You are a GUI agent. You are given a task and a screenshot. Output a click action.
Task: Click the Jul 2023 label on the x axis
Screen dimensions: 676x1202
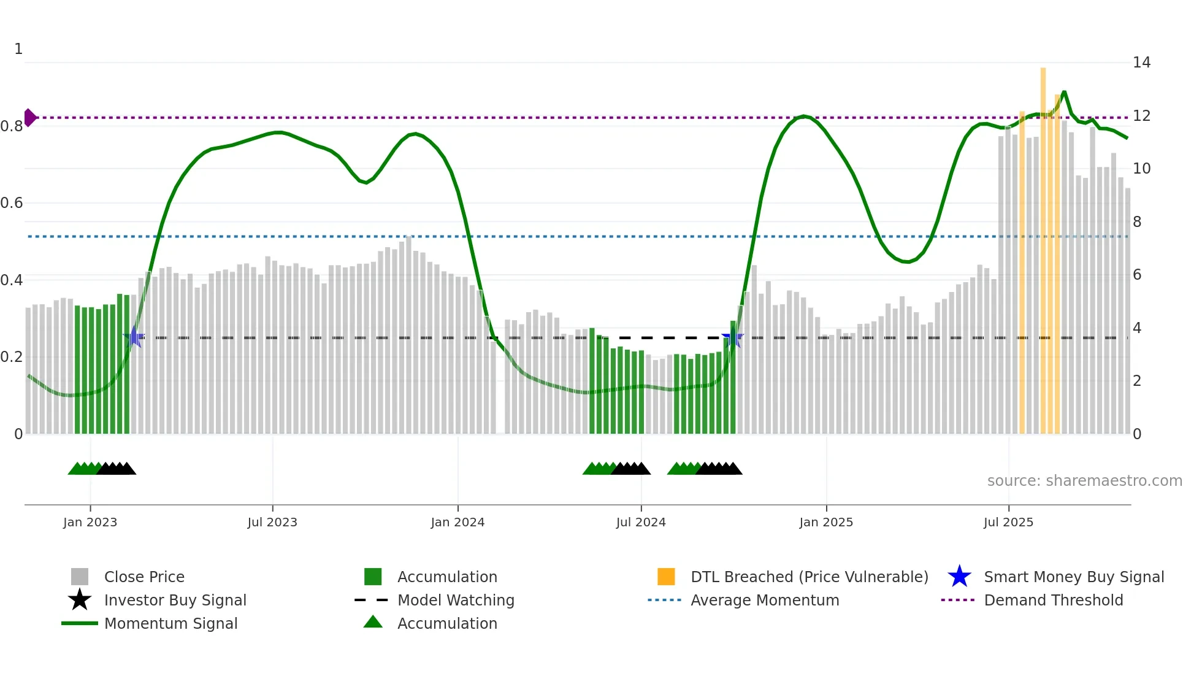coord(272,522)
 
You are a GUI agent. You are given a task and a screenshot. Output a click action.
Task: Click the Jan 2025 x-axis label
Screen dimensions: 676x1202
coord(826,522)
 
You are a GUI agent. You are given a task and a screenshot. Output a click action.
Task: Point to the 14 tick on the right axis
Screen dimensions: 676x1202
coord(1141,63)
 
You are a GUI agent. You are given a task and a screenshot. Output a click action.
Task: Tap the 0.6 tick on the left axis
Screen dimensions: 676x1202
coord(12,203)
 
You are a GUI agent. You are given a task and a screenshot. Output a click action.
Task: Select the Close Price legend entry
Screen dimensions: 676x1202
coord(144,577)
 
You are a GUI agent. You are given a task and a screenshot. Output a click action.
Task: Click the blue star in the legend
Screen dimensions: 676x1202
coord(959,577)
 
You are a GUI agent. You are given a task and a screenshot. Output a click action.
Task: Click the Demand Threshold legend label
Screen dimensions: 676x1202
coord(1053,600)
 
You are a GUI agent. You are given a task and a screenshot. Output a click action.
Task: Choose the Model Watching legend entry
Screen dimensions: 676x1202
coord(455,600)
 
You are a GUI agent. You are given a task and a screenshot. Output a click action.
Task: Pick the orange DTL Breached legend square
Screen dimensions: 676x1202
coord(666,577)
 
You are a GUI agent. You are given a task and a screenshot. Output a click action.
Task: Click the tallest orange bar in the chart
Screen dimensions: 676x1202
coord(1043,245)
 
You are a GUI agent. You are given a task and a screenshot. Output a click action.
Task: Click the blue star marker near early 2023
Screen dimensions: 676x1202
coord(134,337)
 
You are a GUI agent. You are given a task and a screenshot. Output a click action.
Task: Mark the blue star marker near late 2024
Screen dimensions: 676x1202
coord(732,337)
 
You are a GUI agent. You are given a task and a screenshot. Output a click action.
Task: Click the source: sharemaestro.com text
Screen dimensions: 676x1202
coord(1084,481)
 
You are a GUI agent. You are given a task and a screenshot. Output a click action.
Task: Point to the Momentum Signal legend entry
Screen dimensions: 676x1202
coord(170,623)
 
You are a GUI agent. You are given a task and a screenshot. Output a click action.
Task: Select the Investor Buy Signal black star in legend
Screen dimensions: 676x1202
coord(80,600)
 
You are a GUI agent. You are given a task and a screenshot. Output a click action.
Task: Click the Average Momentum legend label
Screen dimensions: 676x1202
coord(764,600)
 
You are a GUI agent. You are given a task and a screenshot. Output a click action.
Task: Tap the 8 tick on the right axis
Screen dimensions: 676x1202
coord(1137,222)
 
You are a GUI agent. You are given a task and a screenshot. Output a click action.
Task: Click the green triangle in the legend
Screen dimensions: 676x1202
coord(373,622)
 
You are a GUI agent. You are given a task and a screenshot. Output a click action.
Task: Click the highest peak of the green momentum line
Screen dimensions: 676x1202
coord(1064,93)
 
